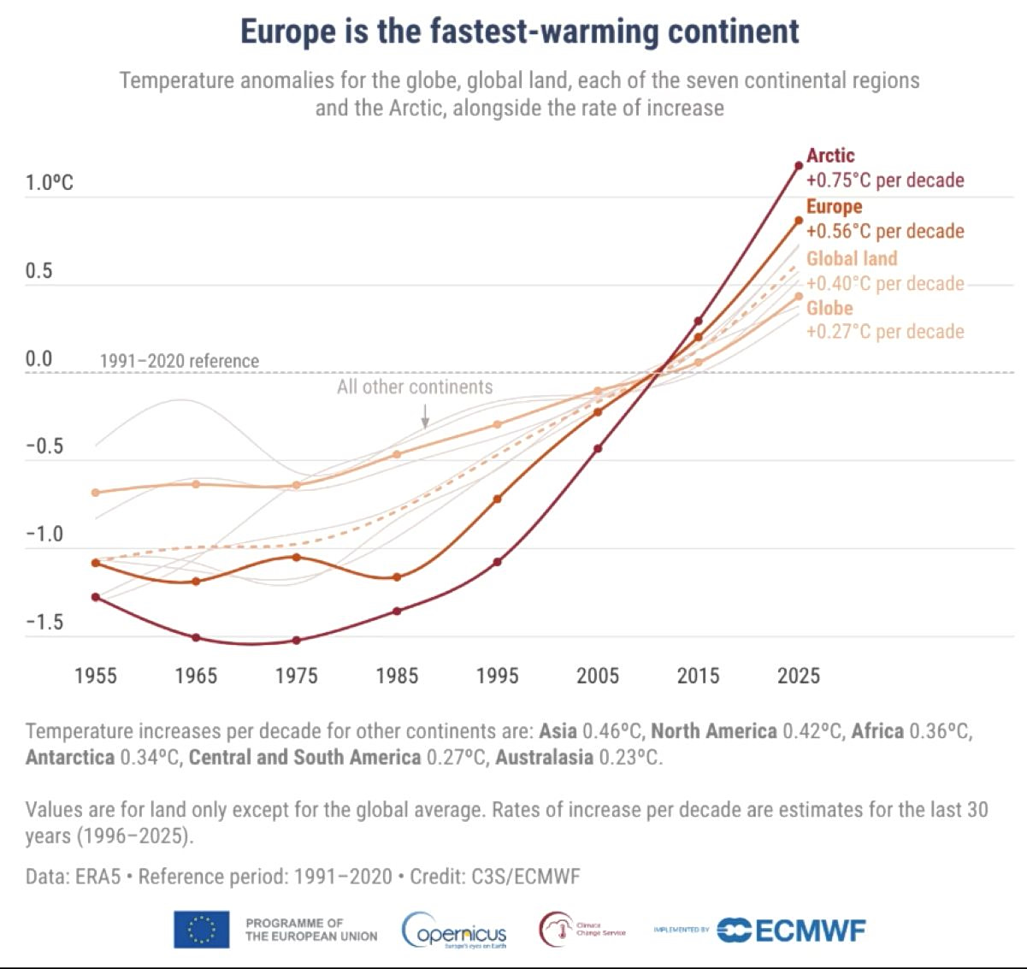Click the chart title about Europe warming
pos(519,32)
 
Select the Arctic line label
pos(830,156)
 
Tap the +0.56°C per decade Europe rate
pos(885,231)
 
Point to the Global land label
pos(852,258)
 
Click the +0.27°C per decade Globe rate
pos(885,332)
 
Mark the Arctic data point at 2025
pos(799,166)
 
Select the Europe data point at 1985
pos(397,577)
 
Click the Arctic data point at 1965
pos(196,637)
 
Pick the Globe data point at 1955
pos(96,493)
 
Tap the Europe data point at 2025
pos(799,221)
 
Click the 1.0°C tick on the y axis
pos(50,183)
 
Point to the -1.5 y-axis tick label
pos(44,622)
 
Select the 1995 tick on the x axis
pos(497,676)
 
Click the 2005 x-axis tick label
pos(597,676)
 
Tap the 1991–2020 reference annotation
pos(179,361)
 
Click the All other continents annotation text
pos(415,387)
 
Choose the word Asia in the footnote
pos(558,731)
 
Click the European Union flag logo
pos(202,930)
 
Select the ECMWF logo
pos(791,930)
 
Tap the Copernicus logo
pos(455,931)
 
